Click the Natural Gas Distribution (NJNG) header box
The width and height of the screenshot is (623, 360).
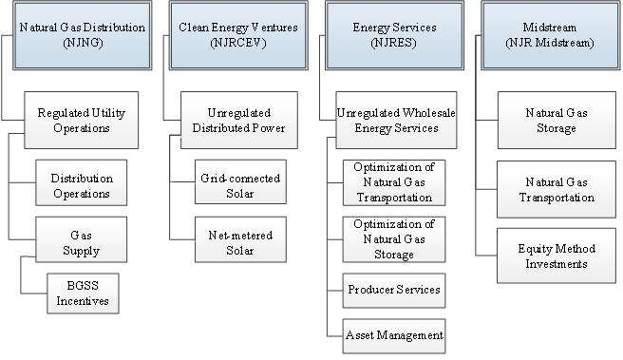coord(83,35)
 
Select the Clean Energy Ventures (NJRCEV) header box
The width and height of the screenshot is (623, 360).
coord(237,35)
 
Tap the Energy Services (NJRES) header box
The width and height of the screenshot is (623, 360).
coord(393,35)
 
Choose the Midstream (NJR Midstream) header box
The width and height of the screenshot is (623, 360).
coord(550,35)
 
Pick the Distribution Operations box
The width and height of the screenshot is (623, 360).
coord(82,186)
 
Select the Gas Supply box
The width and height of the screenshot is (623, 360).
coord(82,243)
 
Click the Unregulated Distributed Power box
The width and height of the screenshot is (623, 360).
coord(238,121)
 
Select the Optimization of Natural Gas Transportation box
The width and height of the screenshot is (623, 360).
coord(393,183)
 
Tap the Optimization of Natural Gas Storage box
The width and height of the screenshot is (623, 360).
coord(393,239)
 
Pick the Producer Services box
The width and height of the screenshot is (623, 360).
coord(393,289)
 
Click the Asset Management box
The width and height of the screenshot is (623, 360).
coord(393,333)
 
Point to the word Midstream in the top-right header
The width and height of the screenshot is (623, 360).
coord(550,28)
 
